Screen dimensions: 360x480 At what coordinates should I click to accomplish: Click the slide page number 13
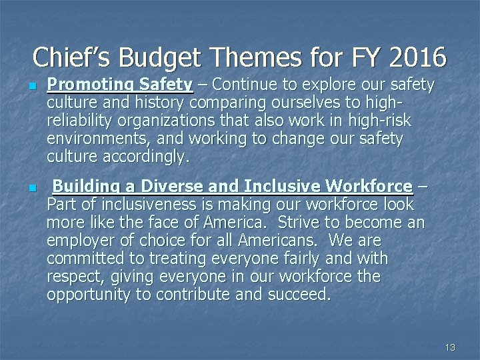450,347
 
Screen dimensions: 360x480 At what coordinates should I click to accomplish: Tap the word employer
80,240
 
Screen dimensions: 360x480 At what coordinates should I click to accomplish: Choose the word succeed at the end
297,294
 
